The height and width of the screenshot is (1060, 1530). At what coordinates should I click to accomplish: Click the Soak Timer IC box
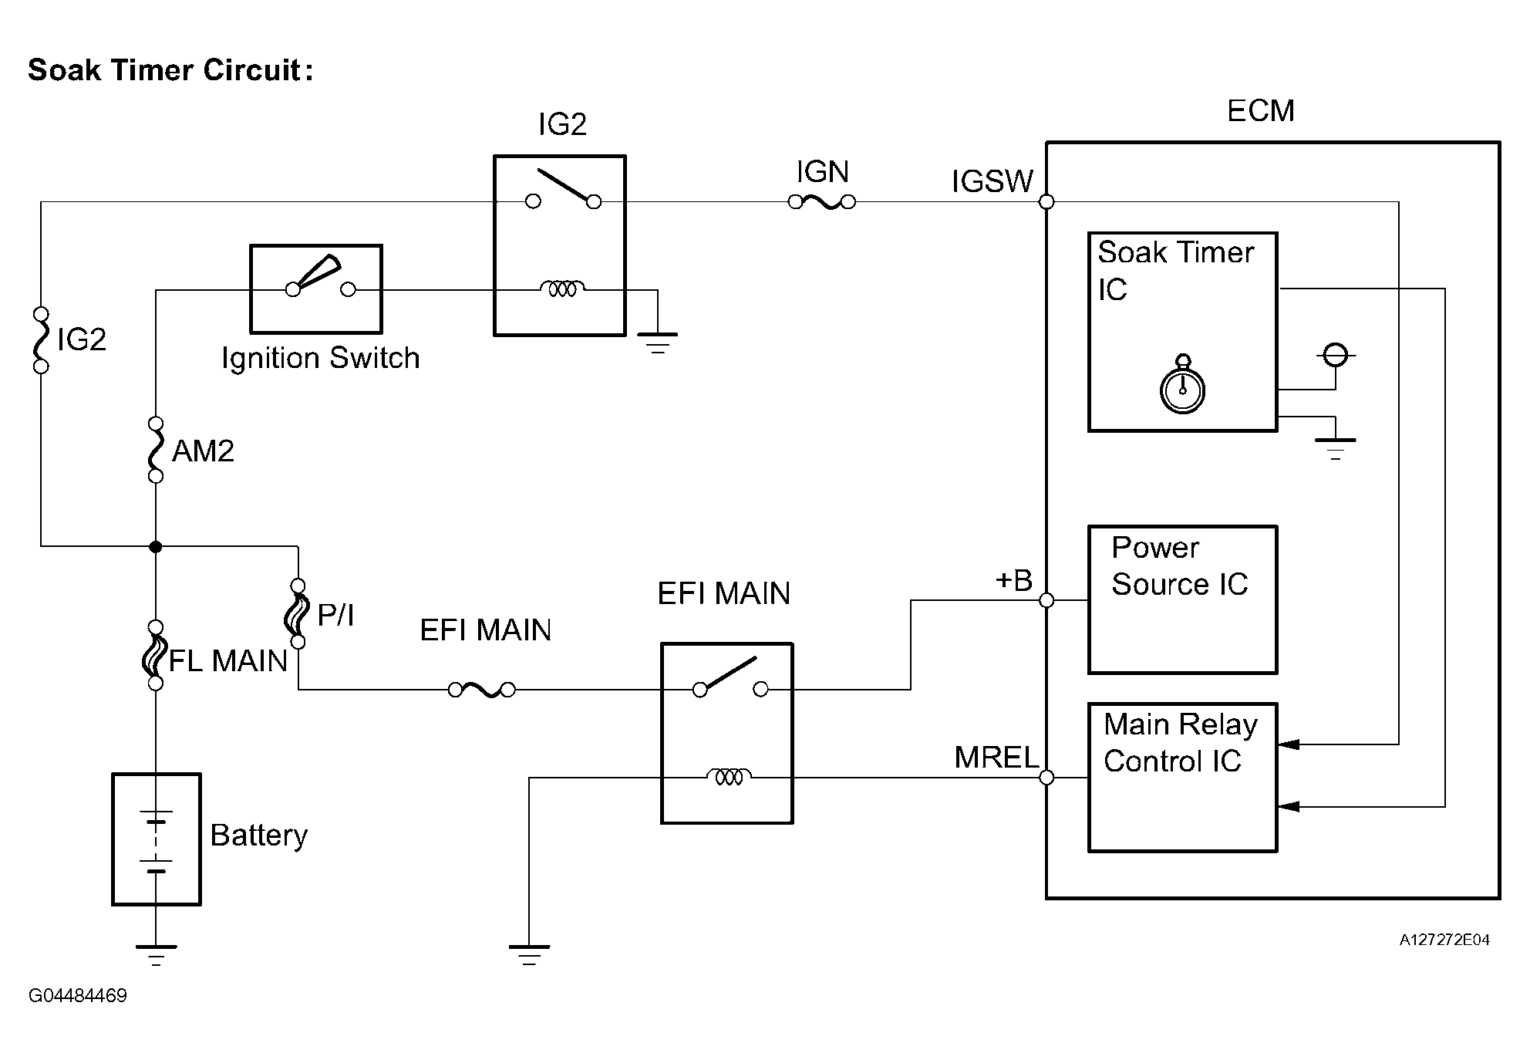pos(1182,332)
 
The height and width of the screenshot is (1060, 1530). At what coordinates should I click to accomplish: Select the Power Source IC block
pos(1182,599)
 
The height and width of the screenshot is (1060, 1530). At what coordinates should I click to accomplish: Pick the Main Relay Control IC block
pos(1182,777)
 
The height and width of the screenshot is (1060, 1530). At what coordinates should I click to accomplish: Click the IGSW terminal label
pos(992,182)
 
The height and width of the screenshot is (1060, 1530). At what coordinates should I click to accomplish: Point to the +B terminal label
pos(1013,580)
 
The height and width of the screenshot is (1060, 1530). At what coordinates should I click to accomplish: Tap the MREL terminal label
pos(996,758)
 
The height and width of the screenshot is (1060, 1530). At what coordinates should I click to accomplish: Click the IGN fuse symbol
pos(821,202)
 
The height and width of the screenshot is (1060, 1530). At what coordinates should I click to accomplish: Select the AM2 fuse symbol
pos(156,450)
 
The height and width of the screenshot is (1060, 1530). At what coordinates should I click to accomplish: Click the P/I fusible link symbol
pos(298,613)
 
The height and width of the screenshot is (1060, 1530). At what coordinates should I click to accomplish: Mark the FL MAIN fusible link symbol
pos(156,654)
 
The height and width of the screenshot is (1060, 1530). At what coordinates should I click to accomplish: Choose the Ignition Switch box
pos(316,289)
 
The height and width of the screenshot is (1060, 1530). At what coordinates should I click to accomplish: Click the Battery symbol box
pos(157,839)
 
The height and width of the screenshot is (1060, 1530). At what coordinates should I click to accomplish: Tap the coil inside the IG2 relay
pos(562,289)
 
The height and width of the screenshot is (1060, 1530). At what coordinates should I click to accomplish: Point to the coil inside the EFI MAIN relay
pos(729,776)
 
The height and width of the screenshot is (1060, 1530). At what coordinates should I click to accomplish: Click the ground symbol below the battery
pos(156,954)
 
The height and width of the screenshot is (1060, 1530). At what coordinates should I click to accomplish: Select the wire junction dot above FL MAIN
pos(156,546)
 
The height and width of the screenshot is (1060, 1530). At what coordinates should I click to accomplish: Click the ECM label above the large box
pos(1260,111)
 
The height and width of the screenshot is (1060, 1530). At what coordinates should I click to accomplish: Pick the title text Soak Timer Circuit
pos(170,70)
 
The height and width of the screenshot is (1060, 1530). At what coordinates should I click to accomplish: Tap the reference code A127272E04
pos(1444,940)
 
